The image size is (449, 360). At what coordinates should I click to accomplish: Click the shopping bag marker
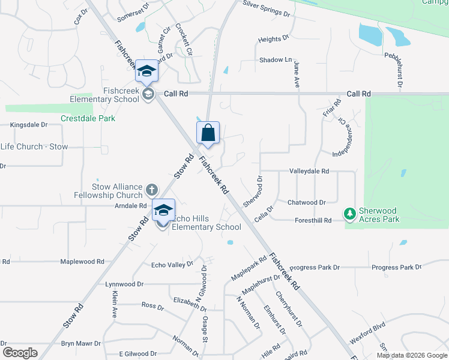pyautogui.click(x=208, y=133)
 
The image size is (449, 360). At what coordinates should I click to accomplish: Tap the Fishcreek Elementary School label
pyautogui.click(x=113, y=95)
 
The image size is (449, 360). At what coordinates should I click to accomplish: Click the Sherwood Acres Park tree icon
pyautogui.click(x=349, y=213)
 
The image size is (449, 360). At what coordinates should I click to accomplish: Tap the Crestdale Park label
pyautogui.click(x=88, y=118)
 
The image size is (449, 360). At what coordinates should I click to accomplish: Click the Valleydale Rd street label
pyautogui.click(x=309, y=171)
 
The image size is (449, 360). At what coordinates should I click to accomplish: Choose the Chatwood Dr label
pyautogui.click(x=306, y=203)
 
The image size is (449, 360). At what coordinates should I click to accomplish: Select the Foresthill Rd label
pyautogui.click(x=313, y=221)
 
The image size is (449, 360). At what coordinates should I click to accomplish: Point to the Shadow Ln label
pyautogui.click(x=276, y=60)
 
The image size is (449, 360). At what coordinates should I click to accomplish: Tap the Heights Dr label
pyautogui.click(x=270, y=40)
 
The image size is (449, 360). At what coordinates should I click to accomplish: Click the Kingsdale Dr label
pyautogui.click(x=29, y=125)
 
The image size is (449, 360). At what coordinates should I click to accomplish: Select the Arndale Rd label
pyautogui.click(x=130, y=206)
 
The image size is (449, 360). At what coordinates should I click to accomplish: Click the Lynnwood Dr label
pyautogui.click(x=124, y=284)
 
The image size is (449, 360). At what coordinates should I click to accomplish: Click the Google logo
pyautogui.click(x=20, y=353)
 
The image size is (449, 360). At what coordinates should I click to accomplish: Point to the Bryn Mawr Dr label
pyautogui.click(x=81, y=344)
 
